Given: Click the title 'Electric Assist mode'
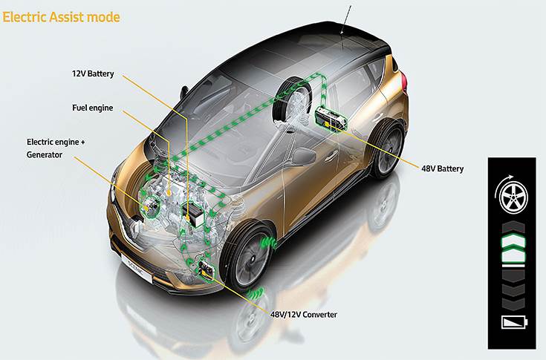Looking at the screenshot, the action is coord(61,17).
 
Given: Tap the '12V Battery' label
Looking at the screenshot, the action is coord(93,73).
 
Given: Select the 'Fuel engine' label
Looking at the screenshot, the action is coord(93,108).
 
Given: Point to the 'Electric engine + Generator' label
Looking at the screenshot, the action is coord(56,148).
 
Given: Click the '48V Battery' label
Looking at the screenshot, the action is coord(443,168).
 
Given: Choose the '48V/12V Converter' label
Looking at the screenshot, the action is coord(304,315).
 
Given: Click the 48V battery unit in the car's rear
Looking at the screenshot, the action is coord(331,120).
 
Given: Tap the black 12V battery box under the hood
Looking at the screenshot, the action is coord(192,214).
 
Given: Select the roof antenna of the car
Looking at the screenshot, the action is coord(346,19).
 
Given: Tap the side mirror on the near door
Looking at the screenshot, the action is coord(303,156).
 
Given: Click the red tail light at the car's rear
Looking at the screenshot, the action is coord(404,81).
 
